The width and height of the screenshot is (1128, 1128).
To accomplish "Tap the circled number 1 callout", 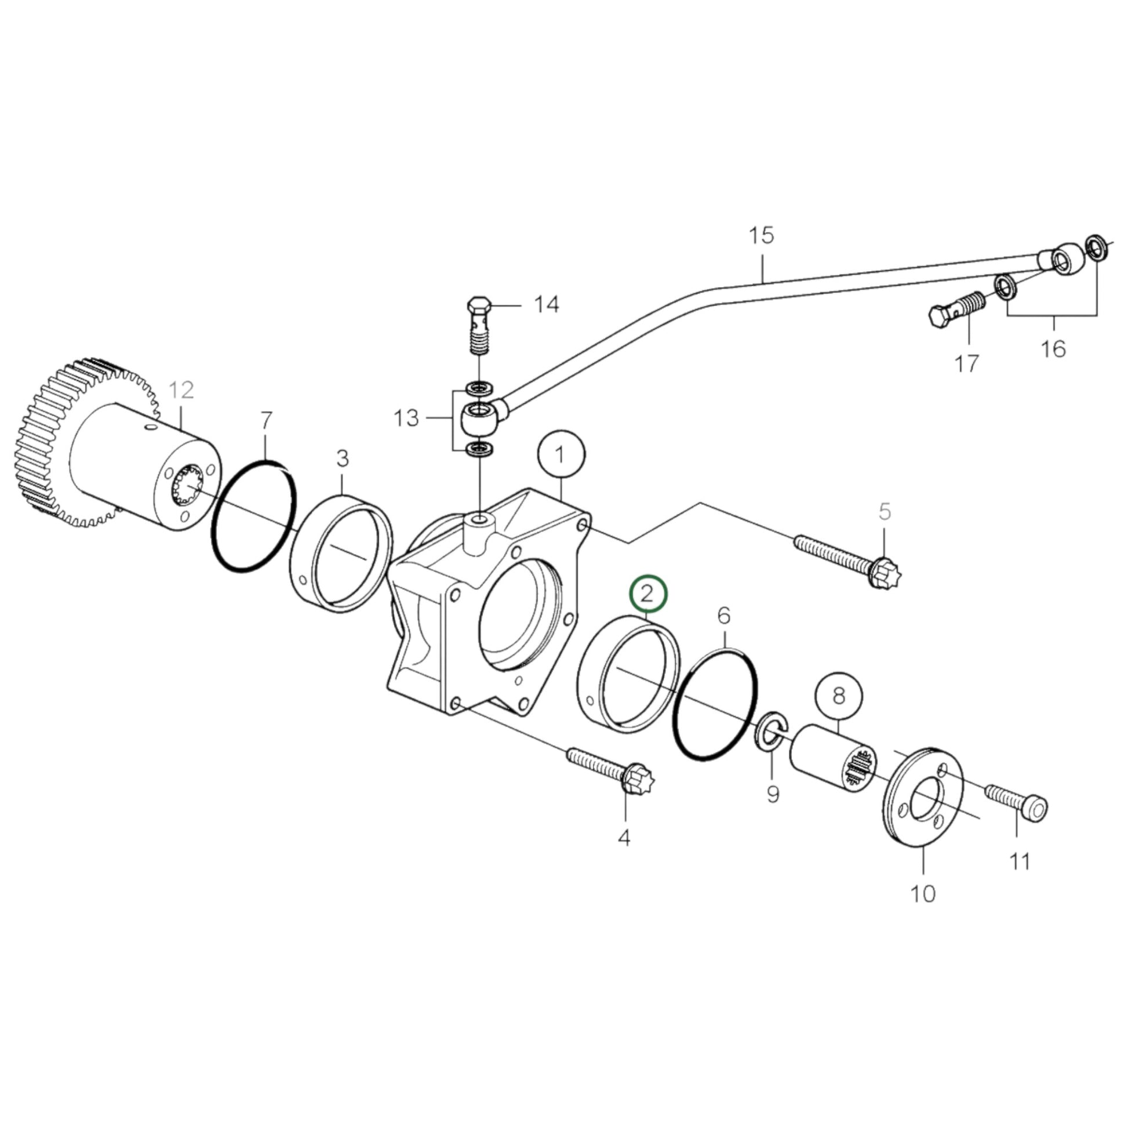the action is [x=561, y=455].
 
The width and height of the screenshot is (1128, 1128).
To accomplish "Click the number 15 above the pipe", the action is [x=761, y=235].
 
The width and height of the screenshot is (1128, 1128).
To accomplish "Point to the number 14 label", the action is [x=547, y=304].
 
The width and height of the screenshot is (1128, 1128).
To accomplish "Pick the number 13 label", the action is [x=406, y=418].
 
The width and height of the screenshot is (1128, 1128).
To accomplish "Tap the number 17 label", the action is [x=966, y=364].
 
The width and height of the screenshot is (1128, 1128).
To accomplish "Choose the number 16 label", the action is [x=1053, y=349].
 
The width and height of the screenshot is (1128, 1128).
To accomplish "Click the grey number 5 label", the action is [x=885, y=511].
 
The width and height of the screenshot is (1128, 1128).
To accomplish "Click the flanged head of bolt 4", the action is [x=637, y=778].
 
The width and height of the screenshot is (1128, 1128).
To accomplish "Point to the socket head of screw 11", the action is [x=1034, y=808].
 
